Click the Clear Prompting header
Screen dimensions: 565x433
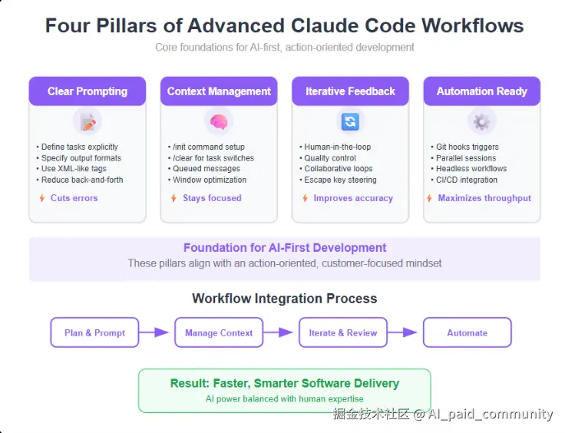tap(88, 91)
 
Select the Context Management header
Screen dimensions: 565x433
tap(219, 91)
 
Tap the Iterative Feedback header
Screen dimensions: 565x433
tap(351, 91)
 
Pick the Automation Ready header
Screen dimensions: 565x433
tap(482, 91)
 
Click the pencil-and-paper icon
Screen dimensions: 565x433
tap(88, 122)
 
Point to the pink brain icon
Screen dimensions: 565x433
tap(219, 122)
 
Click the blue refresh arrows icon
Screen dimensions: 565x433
tap(351, 121)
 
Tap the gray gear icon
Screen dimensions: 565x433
tap(482, 122)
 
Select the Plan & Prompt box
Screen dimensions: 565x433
tap(94, 332)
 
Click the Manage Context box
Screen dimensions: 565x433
tap(219, 332)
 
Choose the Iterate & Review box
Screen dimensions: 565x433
tap(343, 332)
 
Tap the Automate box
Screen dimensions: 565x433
tap(468, 332)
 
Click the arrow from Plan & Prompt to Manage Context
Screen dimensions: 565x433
tap(154, 332)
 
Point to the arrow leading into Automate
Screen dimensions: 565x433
tap(402, 332)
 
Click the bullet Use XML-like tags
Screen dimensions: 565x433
tap(71, 169)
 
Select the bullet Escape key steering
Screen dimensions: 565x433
tap(338, 180)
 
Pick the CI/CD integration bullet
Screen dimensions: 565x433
tap(464, 180)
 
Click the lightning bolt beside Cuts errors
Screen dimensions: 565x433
tap(42, 198)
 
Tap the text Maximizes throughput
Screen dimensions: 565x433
tap(484, 198)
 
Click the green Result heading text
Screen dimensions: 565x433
tap(285, 383)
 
